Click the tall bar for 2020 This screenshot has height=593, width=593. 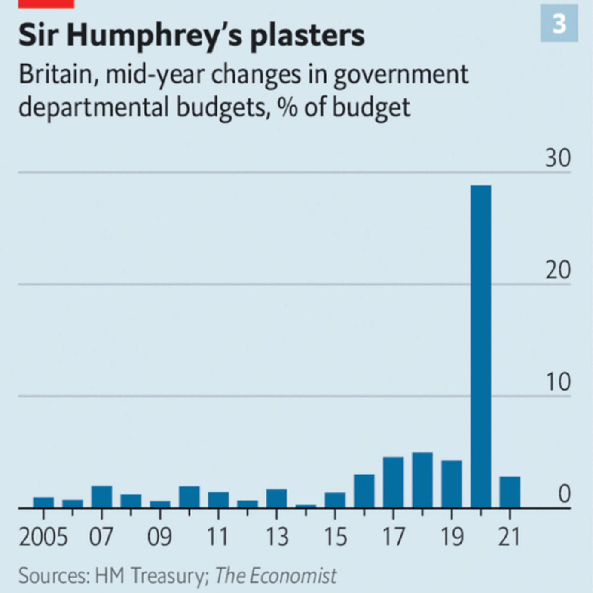coord(480,346)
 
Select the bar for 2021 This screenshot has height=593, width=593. coord(510,492)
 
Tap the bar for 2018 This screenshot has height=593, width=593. coord(422,480)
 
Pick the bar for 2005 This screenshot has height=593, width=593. coord(43,502)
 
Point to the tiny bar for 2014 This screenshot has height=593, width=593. coord(306,506)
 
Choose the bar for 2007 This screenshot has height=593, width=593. coord(102,497)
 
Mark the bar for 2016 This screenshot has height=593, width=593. coord(364,491)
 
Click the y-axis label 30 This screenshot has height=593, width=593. coord(558,158)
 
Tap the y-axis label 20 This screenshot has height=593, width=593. coord(558,270)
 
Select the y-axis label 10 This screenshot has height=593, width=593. coord(558,382)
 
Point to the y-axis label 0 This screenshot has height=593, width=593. coord(564,494)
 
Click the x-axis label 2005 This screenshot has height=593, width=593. coord(43,537)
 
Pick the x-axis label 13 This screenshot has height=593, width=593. coord(277,537)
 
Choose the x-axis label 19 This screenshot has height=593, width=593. coord(452,537)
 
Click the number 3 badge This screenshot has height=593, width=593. coord(559,23)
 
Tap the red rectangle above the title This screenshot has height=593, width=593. coord(46,4)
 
